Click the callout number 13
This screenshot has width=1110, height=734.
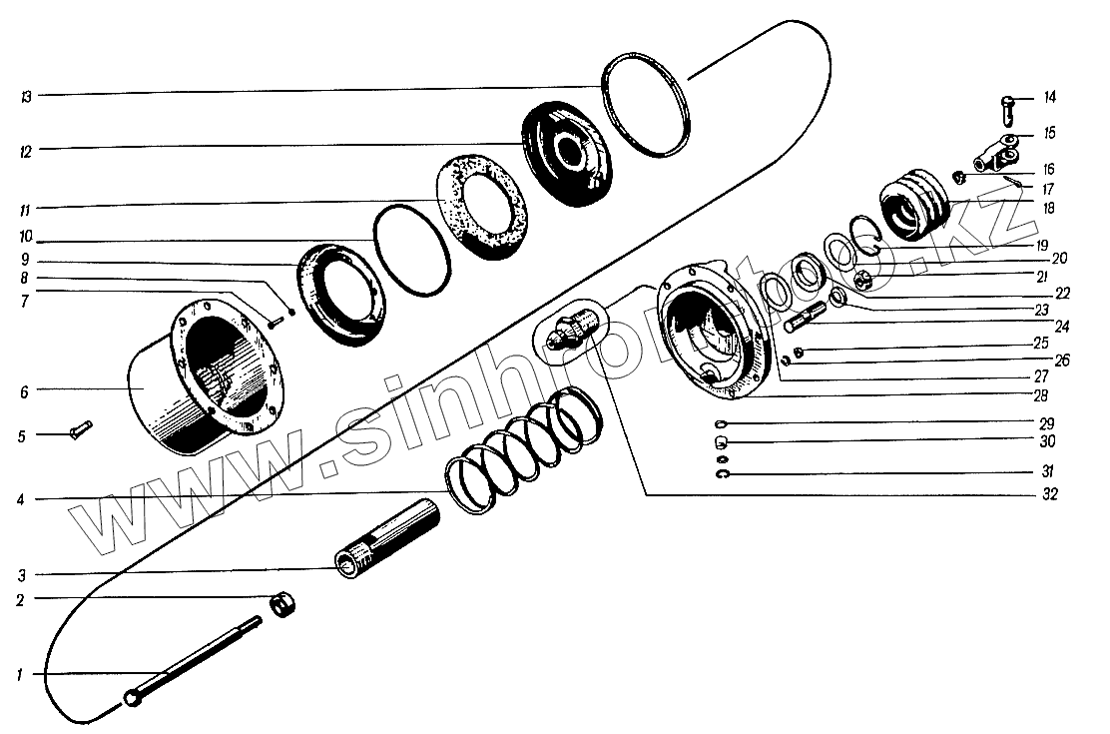click(x=26, y=97)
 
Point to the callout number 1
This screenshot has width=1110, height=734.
click(x=19, y=676)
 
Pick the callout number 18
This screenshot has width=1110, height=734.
click(x=1049, y=209)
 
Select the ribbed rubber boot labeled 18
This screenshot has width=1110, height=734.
click(x=916, y=205)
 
